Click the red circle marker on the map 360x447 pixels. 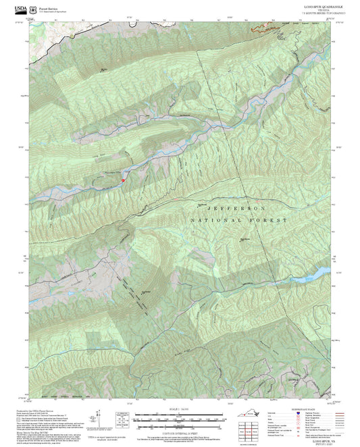[x=122, y=180]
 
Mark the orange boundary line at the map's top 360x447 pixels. [x=265, y=29]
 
